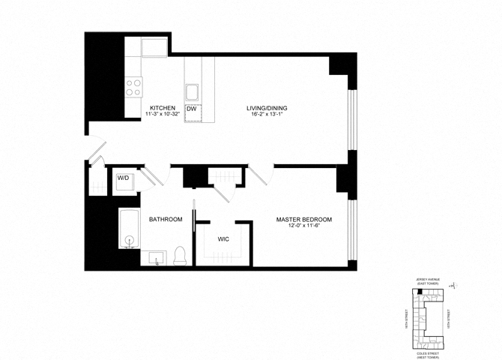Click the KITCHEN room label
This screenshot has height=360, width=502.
[163, 108]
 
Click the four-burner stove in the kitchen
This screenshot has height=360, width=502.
[134, 87]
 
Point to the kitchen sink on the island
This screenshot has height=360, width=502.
[192, 93]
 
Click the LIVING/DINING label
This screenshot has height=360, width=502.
[267, 108]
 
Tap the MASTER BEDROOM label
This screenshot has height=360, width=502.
[303, 219]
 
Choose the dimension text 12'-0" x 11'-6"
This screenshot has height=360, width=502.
[303, 226]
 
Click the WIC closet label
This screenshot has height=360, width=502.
[223, 240]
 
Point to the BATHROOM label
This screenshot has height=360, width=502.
[166, 219]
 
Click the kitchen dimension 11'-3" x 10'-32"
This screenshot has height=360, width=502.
[163, 115]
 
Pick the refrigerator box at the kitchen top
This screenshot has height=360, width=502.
[158, 49]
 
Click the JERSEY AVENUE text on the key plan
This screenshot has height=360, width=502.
[434, 279]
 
